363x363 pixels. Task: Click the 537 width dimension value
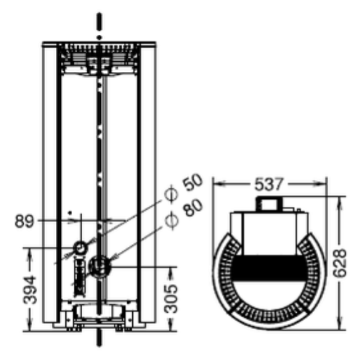(x=269, y=184)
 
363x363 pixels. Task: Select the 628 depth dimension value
(x=339, y=263)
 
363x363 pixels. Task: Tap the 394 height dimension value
(x=30, y=290)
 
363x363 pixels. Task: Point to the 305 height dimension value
(x=171, y=299)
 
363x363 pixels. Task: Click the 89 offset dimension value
(x=25, y=221)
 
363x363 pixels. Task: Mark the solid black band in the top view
(x=269, y=268)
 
